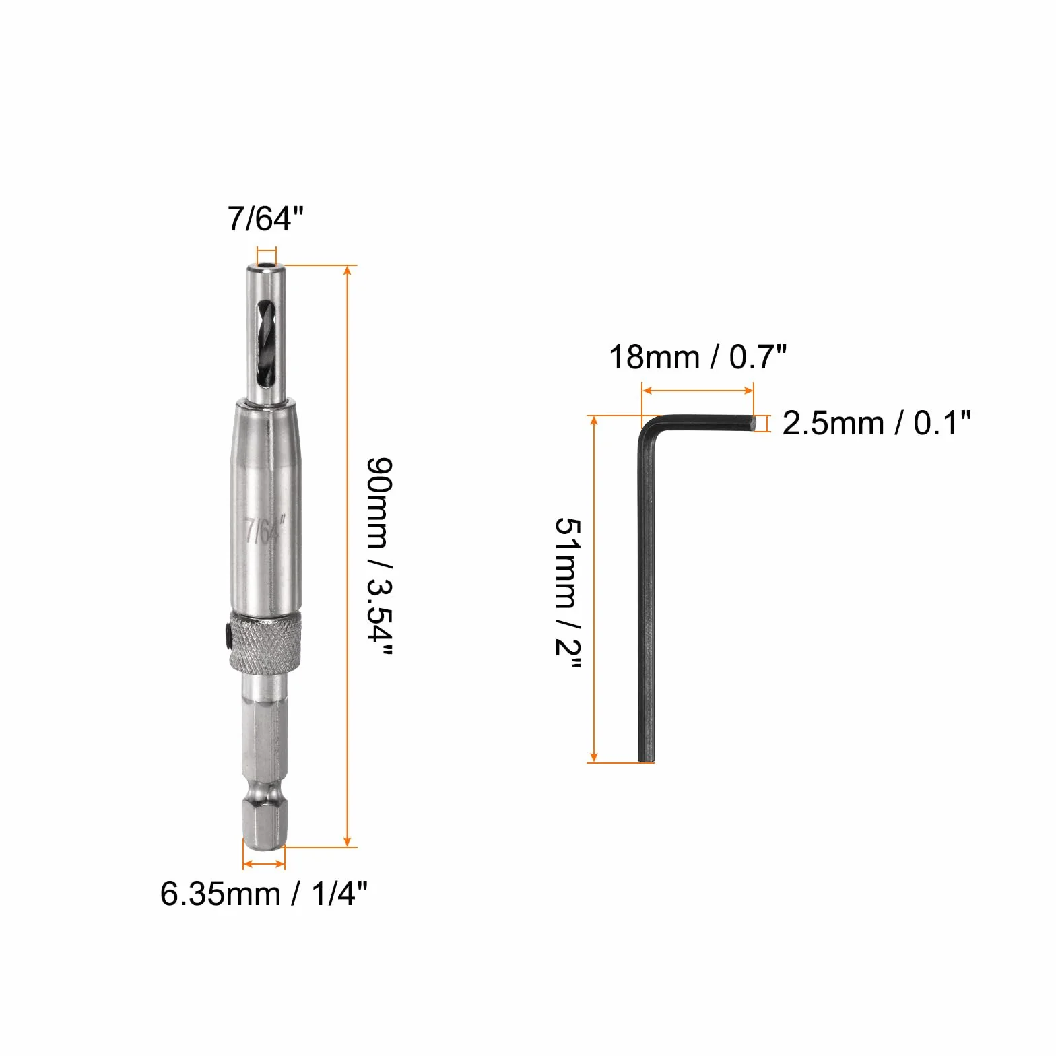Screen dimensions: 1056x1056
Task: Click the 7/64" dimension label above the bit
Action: coord(265,219)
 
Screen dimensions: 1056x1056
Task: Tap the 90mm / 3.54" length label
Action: coord(378,556)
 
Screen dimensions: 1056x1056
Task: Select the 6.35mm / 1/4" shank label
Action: coord(264,894)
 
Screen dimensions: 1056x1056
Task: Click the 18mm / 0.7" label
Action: coord(698,356)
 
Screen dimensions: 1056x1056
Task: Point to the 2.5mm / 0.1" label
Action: coord(877,423)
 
